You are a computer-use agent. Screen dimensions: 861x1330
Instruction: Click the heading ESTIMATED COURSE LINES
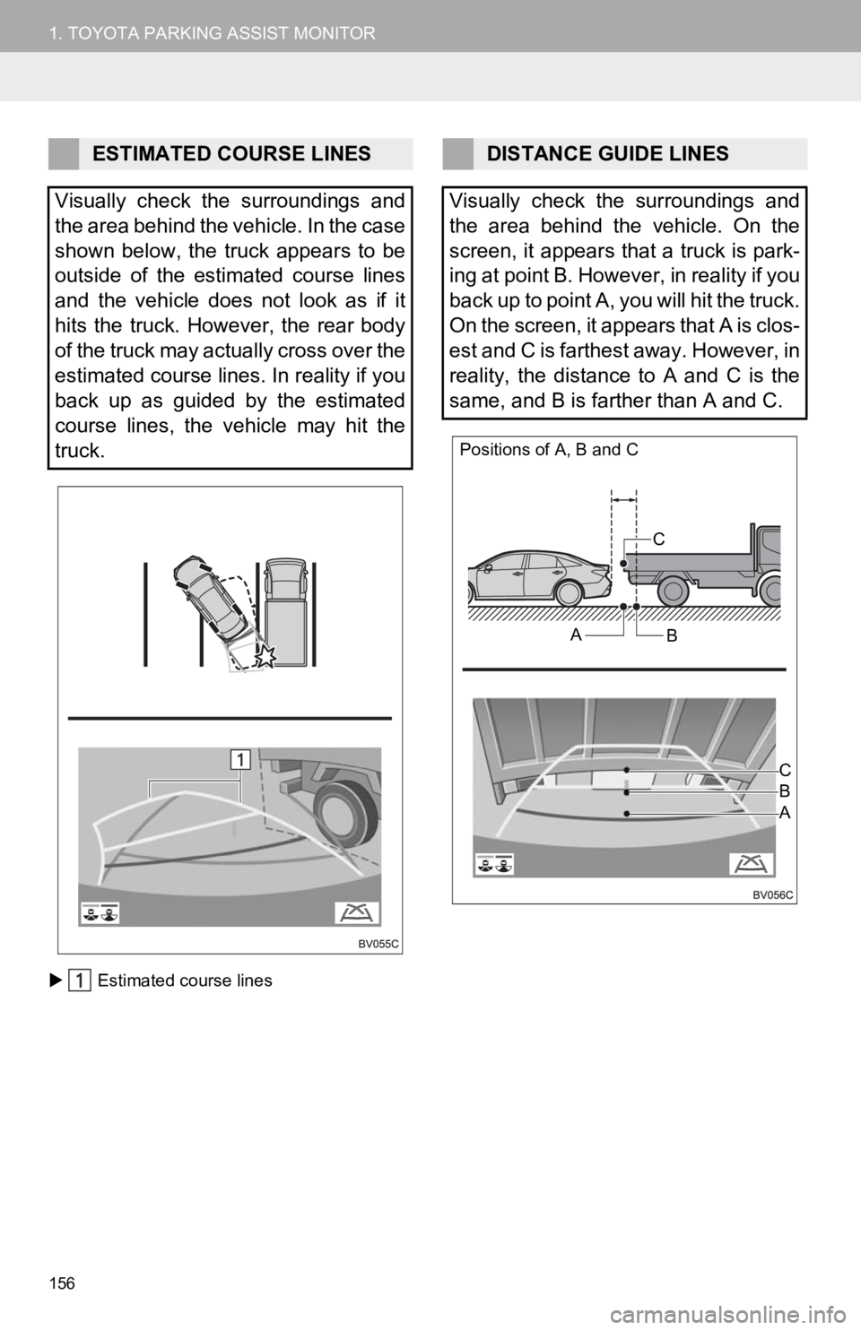[x=231, y=154]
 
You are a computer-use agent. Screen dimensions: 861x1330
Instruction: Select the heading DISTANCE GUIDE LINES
[x=607, y=154]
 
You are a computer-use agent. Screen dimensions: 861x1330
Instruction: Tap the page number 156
[x=63, y=1283]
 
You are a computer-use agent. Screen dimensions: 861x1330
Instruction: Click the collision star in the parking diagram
[x=265, y=656]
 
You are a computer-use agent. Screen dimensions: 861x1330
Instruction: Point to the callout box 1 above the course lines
[x=240, y=759]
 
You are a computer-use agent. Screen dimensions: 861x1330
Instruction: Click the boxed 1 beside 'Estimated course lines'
[x=80, y=980]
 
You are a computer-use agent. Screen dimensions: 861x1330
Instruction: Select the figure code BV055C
[x=378, y=944]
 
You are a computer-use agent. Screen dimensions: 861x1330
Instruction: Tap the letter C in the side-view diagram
[x=658, y=540]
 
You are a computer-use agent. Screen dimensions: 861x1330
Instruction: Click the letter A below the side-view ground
[x=575, y=635]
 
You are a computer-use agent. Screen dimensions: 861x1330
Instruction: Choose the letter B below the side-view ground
[x=672, y=636]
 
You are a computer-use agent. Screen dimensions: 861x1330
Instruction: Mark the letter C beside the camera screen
[x=785, y=770]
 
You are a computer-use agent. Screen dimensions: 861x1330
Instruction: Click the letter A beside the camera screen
[x=785, y=813]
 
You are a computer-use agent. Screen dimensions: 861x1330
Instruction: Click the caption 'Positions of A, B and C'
[x=549, y=450]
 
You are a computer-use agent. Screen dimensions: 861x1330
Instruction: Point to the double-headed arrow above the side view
[x=624, y=500]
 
